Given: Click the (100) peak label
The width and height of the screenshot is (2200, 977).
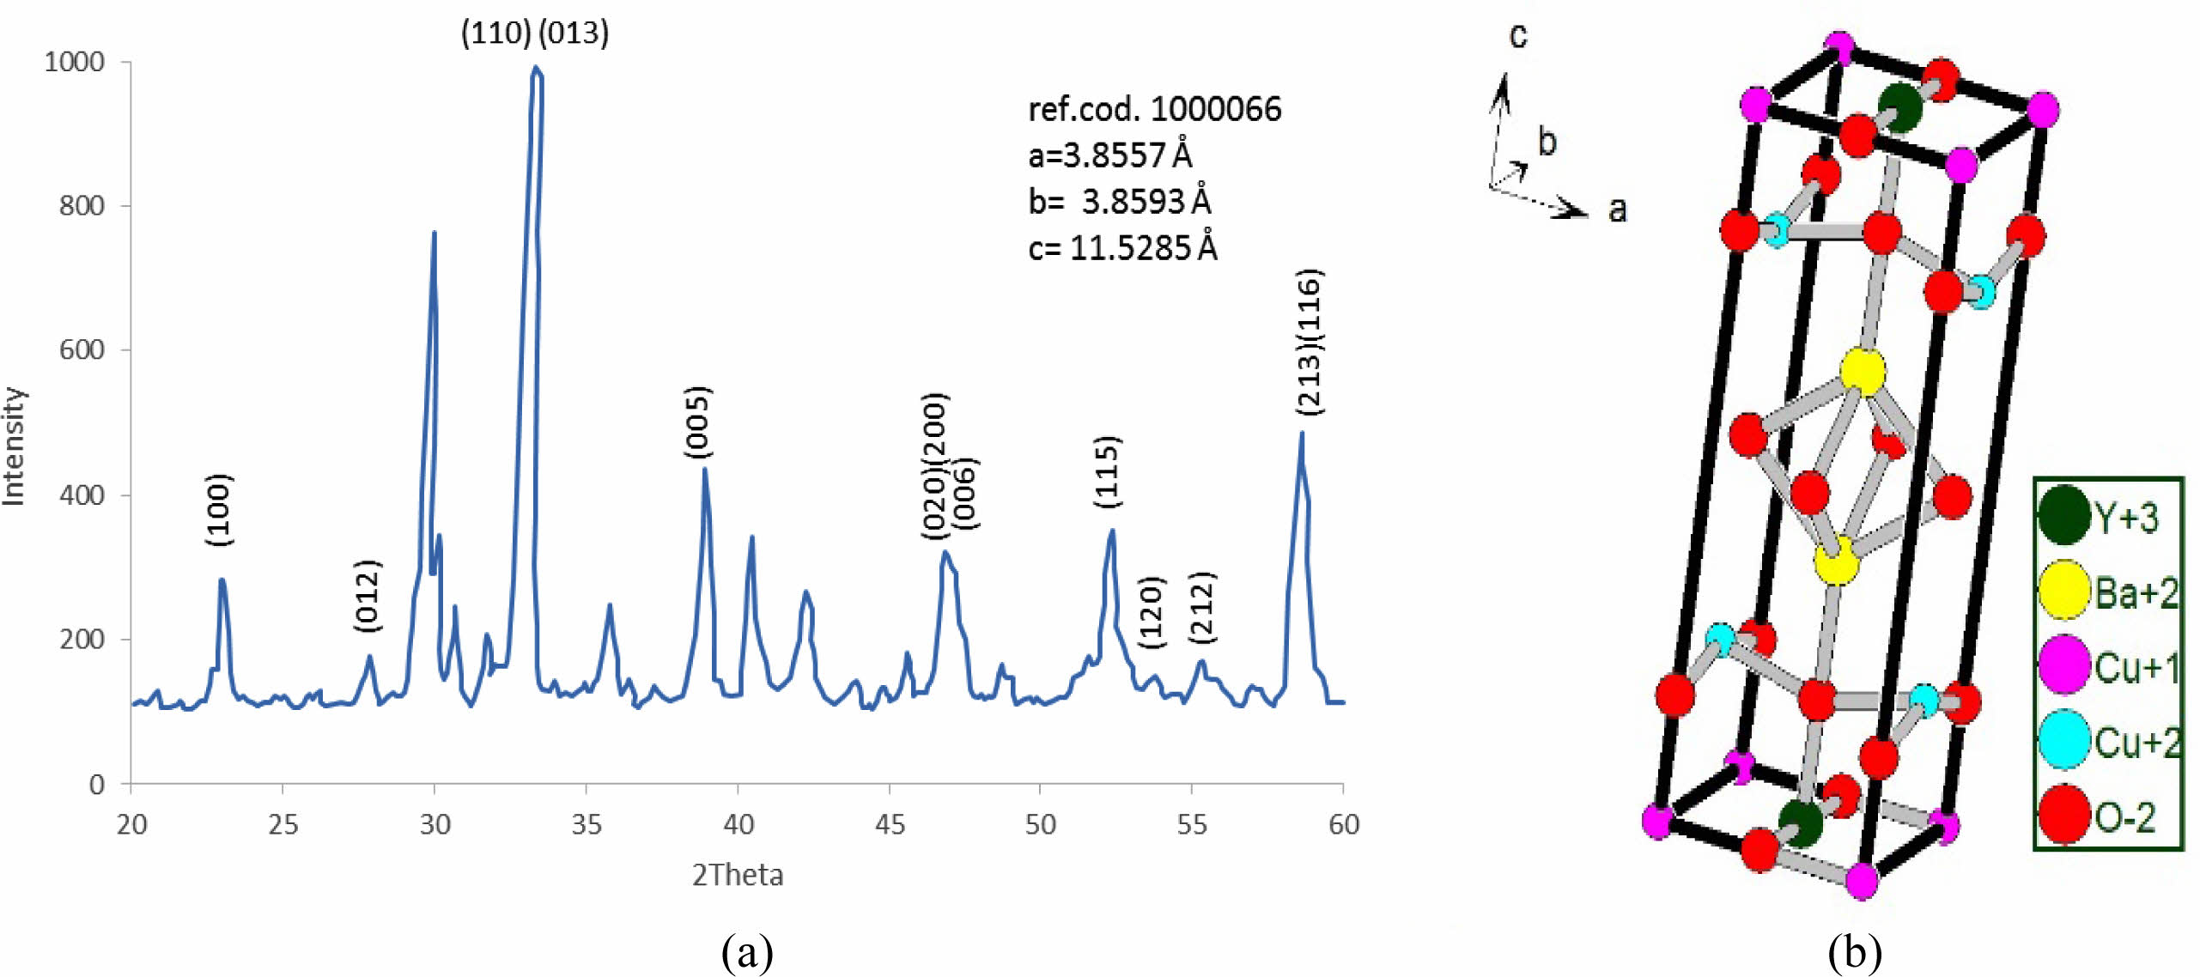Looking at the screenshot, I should pyautogui.click(x=220, y=509).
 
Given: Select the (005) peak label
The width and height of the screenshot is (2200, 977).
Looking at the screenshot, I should pyautogui.click(x=697, y=422).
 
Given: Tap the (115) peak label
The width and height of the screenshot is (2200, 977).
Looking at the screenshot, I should pyautogui.click(x=1107, y=471).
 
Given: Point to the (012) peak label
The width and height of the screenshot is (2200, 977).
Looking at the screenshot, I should pyautogui.click(x=367, y=597).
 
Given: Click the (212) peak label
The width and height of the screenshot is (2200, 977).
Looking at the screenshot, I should pyautogui.click(x=1202, y=607).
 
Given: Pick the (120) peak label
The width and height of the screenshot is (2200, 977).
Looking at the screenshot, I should pyautogui.click(x=1151, y=612).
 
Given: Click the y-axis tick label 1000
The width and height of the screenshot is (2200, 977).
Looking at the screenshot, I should pyautogui.click(x=75, y=62).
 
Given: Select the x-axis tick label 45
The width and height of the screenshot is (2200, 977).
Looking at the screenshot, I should pyautogui.click(x=890, y=825).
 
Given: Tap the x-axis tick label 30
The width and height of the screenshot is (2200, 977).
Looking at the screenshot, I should pyautogui.click(x=435, y=825).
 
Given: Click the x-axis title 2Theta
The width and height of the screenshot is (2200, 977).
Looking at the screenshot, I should pyautogui.click(x=738, y=876).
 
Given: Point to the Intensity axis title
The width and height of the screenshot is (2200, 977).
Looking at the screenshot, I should pyautogui.click(x=15, y=446).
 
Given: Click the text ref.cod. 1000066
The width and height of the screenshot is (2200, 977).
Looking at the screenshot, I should pyautogui.click(x=1154, y=110).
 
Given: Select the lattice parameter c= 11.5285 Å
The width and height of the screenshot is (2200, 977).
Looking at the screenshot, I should pyautogui.click(x=1122, y=248).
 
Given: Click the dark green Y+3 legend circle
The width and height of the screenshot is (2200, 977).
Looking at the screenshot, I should pyautogui.click(x=2063, y=515).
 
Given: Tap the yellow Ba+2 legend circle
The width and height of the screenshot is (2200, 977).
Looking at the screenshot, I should pyautogui.click(x=2063, y=590).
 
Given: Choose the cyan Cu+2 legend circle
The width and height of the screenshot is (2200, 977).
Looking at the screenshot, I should pyautogui.click(x=2063, y=739).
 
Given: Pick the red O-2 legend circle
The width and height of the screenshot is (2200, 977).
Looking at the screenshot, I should pyautogui.click(x=2063, y=814).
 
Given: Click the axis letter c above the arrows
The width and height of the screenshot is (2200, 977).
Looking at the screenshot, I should pyautogui.click(x=1518, y=35).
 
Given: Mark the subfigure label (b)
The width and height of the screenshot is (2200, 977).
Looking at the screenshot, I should pyautogui.click(x=1855, y=952).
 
